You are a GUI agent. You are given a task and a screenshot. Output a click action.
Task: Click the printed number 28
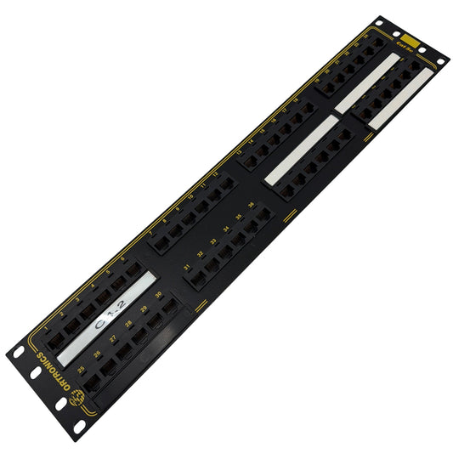[x=128, y=324]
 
